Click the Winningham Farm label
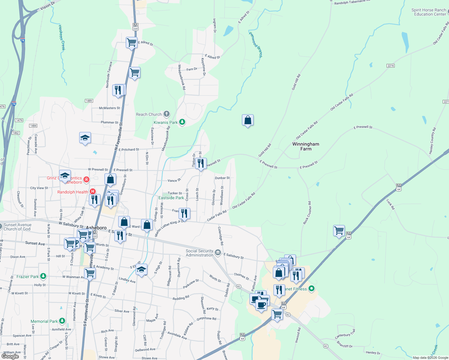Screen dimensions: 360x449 (306, 146)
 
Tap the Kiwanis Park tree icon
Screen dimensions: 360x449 (182, 122)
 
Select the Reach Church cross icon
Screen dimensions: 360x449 (167, 114)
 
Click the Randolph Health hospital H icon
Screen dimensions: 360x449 (93, 191)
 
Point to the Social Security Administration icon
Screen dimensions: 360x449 (218, 253)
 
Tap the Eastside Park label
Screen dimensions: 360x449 (171, 198)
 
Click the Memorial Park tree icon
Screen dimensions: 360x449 (62, 321)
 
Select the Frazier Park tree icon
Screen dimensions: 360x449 (44, 276)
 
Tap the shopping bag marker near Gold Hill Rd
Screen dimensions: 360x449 (248, 120)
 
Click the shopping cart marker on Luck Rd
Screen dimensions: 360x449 (339, 231)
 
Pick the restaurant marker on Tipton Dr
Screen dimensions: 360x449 (201, 164)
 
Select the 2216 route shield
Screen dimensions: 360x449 (390, 66)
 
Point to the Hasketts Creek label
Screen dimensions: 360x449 (62, 37)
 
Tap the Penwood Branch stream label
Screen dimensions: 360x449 (256, 44)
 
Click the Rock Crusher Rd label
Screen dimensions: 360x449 (307, 213)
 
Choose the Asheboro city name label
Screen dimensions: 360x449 (97, 228)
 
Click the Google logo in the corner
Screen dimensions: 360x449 (10, 356)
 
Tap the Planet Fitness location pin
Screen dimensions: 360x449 (312, 289)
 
